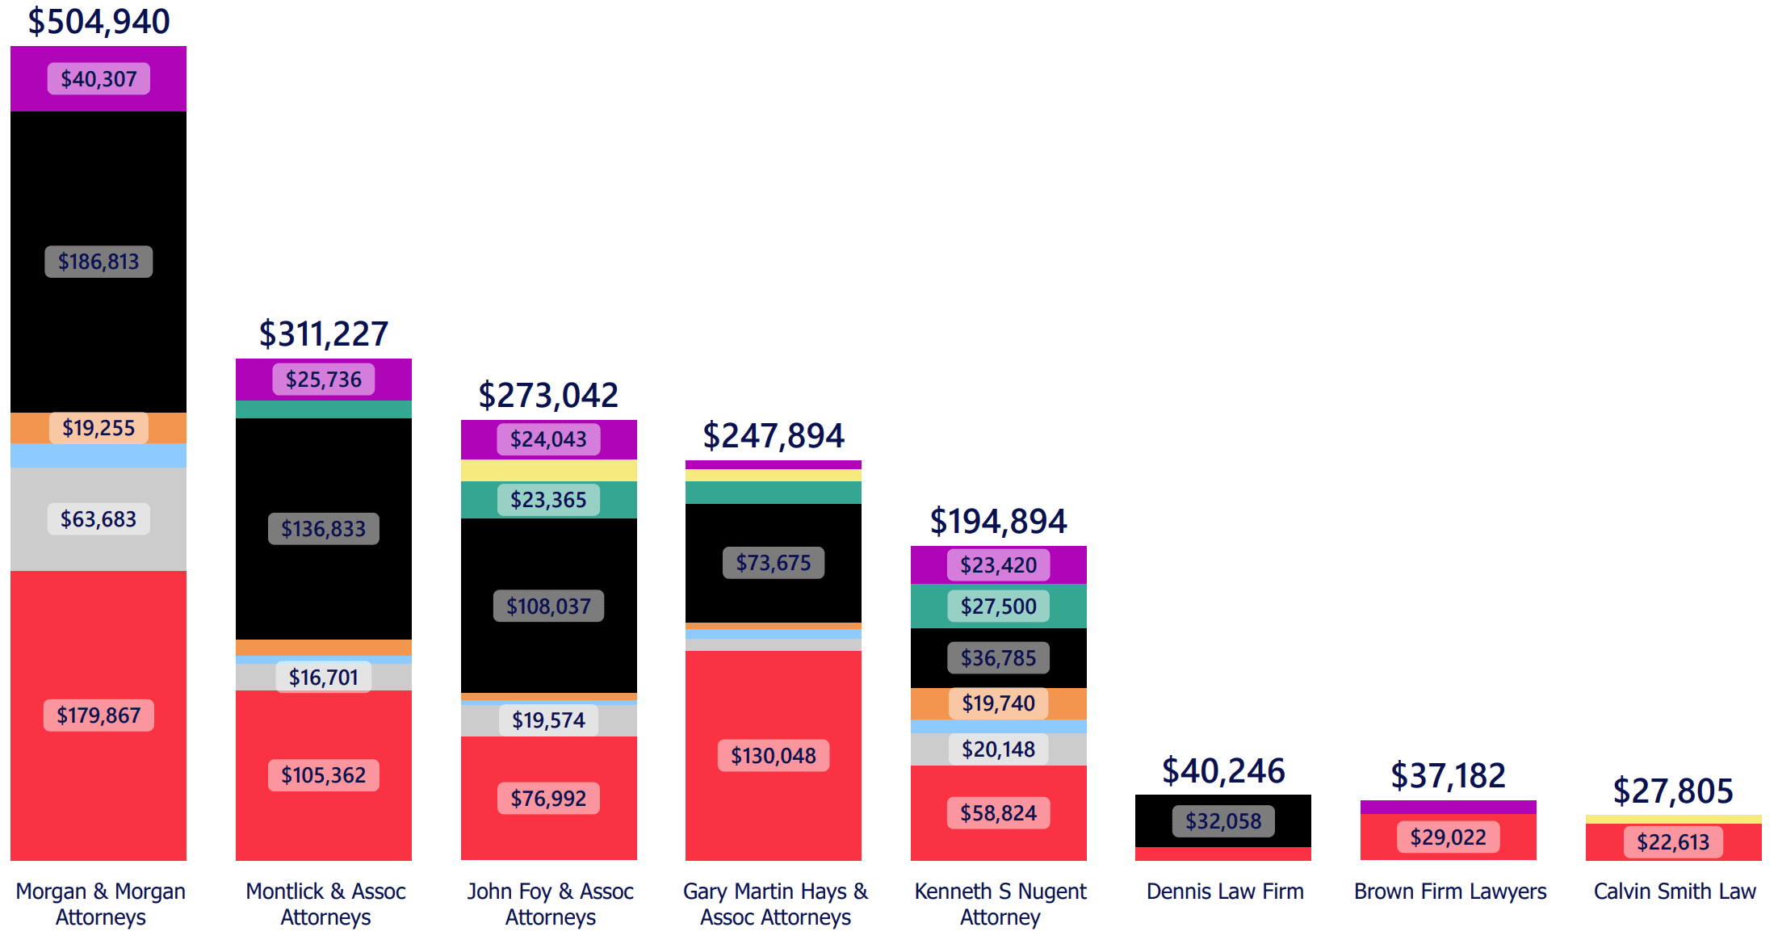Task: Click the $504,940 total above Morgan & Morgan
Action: pyautogui.click(x=99, y=22)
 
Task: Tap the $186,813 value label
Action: pyautogui.click(x=99, y=262)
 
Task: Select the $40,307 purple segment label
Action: pyautogui.click(x=99, y=79)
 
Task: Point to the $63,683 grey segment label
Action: pyautogui.click(x=99, y=519)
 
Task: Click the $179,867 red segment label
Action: pyautogui.click(x=99, y=715)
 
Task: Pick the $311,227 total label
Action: pyautogui.click(x=323, y=334)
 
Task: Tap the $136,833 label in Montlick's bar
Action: pyautogui.click(x=323, y=529)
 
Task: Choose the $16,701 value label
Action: pyautogui.click(x=323, y=678)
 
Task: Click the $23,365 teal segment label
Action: pyautogui.click(x=548, y=500)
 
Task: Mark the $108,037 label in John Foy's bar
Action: pyautogui.click(x=548, y=606)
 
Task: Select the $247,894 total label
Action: pyautogui.click(x=773, y=436)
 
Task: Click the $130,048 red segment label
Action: pyautogui.click(x=773, y=756)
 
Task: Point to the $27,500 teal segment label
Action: pyautogui.click(x=998, y=606)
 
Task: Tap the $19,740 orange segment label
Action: pyautogui.click(x=998, y=703)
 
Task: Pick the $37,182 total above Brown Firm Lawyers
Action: pyautogui.click(x=1448, y=776)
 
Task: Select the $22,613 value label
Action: pyautogui.click(x=1673, y=842)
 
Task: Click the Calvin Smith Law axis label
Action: pyautogui.click(x=1674, y=892)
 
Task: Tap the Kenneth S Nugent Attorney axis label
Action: pyautogui.click(x=1000, y=904)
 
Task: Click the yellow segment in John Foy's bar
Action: pyautogui.click(x=548, y=471)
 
